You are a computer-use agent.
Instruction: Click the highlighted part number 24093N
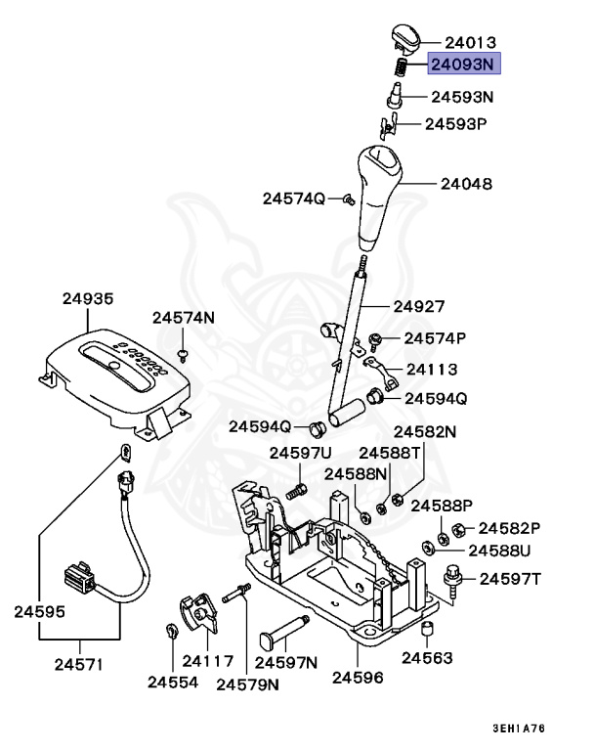[x=464, y=66]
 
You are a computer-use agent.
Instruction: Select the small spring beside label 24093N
[x=400, y=66]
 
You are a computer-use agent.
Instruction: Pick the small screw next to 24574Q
[x=347, y=199]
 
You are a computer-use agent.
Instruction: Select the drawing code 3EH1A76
[x=519, y=729]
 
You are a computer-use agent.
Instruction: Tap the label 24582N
[x=424, y=431]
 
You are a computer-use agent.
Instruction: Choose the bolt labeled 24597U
[x=298, y=489]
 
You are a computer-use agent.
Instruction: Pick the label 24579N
[x=247, y=684]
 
